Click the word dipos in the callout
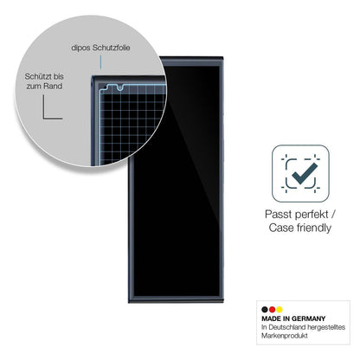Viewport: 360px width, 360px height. [80, 48]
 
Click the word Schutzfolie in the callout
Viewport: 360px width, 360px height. [111, 48]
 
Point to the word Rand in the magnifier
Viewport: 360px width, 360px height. [53, 86]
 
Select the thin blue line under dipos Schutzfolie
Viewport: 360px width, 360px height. [100, 62]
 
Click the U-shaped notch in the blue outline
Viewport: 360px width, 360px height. [120, 87]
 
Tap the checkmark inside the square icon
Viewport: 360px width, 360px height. [305, 174]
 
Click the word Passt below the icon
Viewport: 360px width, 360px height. [278, 215]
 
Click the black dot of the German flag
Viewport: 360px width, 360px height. [265, 310]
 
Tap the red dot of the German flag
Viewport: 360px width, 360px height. [272, 310]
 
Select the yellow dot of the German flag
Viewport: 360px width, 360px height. [280, 310]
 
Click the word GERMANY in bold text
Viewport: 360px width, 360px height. [308, 318]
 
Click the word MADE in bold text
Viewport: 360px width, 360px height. [272, 318]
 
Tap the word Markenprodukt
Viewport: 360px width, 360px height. [285, 336]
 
